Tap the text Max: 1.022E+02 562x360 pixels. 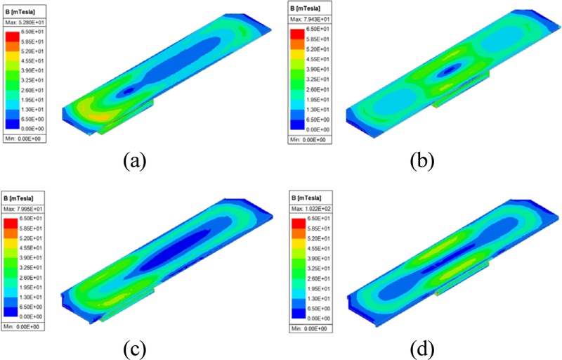coord(312,207)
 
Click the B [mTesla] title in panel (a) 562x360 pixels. coord(20,12)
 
